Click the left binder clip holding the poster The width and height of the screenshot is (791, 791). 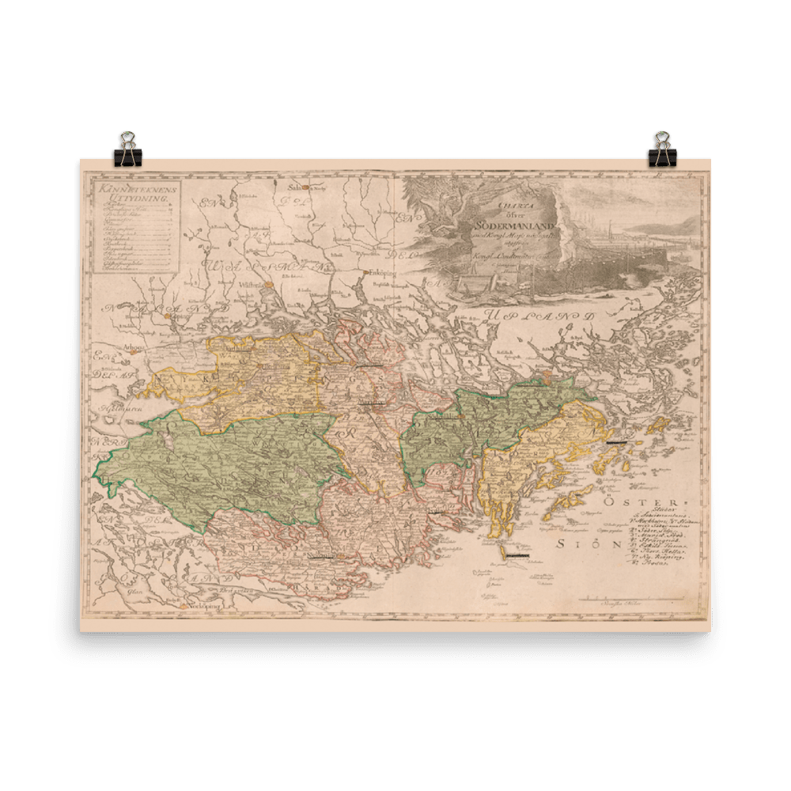pos(127,149)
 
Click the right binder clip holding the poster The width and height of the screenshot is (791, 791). pos(661,149)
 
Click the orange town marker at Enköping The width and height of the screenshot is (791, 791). pos(367,274)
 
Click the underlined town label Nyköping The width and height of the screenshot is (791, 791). pos(322,556)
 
